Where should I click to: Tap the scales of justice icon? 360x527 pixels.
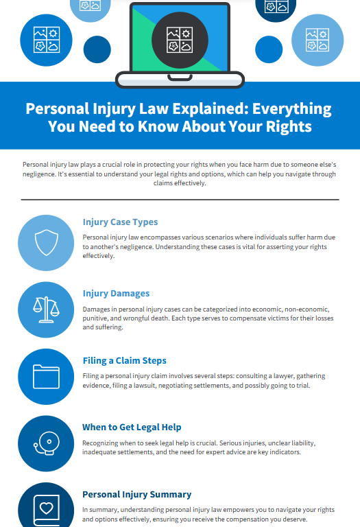46,309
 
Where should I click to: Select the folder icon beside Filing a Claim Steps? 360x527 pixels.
46,377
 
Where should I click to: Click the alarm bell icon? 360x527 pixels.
47,443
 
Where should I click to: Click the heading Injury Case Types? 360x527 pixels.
120,222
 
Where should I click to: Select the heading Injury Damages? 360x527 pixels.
116,294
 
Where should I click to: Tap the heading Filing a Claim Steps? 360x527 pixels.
125,361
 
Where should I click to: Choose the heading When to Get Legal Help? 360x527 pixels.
132,428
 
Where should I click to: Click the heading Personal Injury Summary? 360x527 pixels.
136,494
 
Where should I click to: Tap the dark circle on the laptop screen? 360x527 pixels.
180,40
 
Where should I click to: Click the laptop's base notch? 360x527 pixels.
180,78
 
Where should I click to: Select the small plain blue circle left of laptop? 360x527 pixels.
97,49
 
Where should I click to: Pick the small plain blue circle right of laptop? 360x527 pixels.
269,49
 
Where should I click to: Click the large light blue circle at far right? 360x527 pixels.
317,40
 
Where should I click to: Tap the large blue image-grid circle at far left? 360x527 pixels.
46,40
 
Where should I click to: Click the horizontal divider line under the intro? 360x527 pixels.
180,200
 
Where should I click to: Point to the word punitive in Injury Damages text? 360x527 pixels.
95,318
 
